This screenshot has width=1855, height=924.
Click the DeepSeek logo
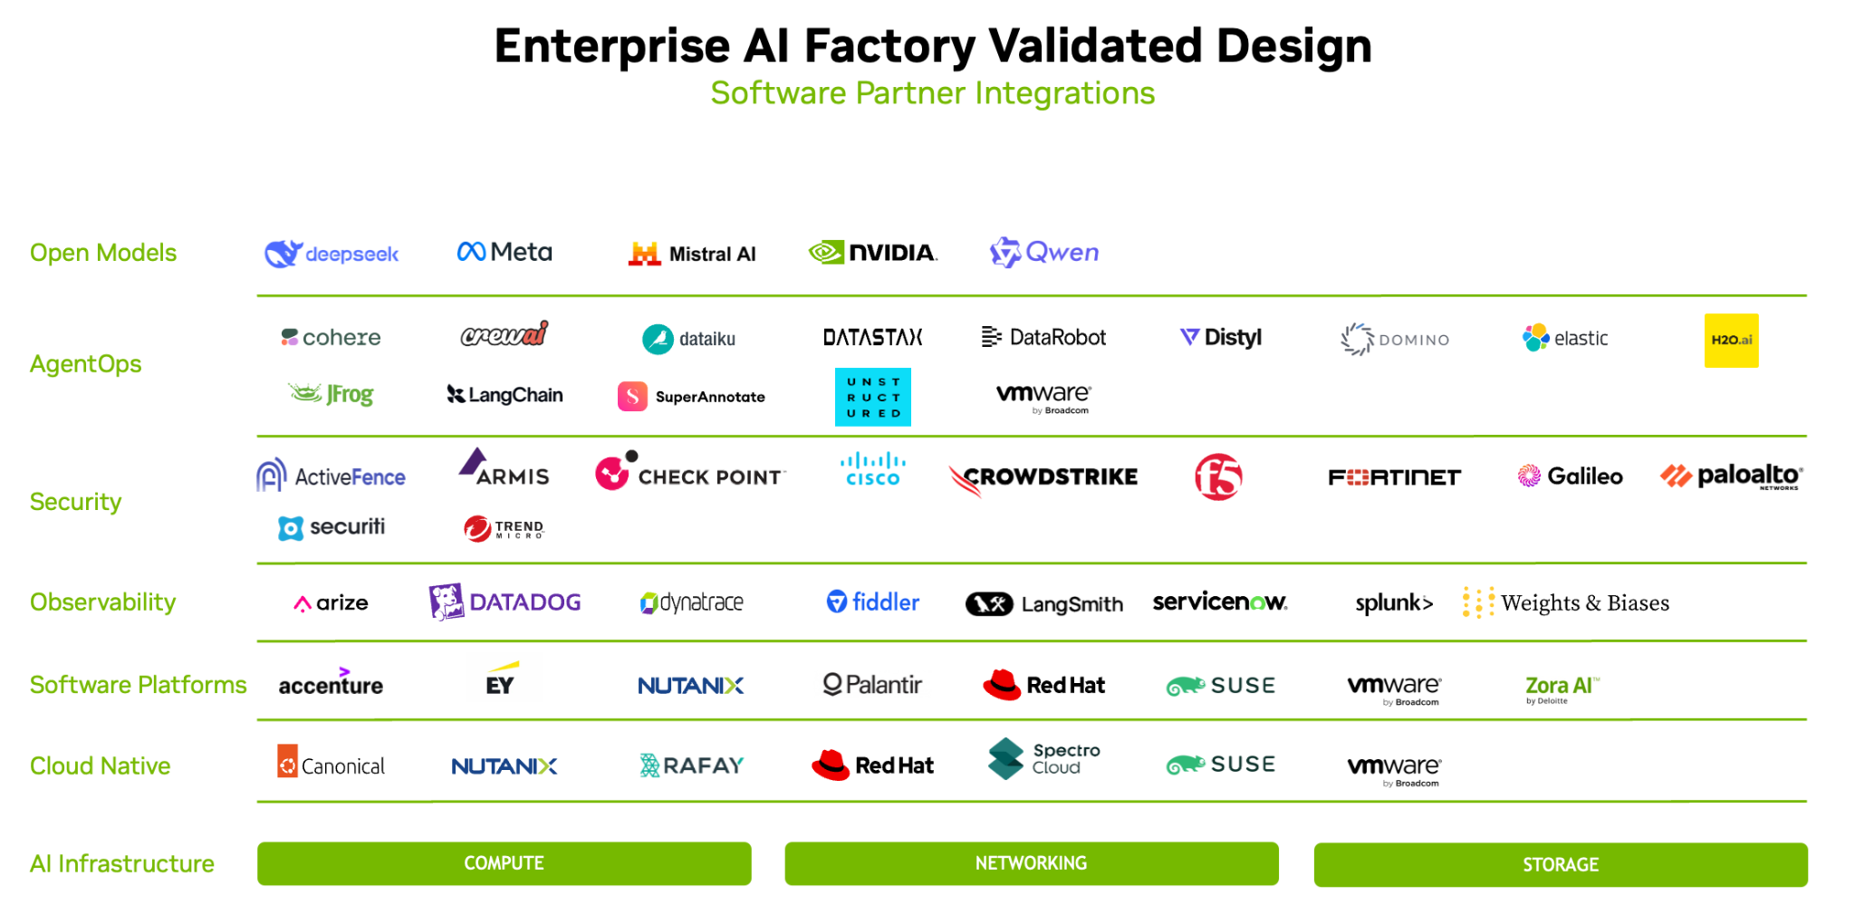[x=332, y=254]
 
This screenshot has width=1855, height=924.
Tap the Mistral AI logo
[x=692, y=254]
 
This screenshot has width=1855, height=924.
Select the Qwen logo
[x=1044, y=253]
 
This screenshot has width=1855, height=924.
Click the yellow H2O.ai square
[x=1731, y=340]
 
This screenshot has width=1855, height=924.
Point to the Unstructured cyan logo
[x=872, y=397]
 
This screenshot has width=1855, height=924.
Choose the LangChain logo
[x=505, y=395]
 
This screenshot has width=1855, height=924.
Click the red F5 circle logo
[x=1218, y=476]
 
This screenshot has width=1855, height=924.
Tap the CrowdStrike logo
[x=1043, y=478]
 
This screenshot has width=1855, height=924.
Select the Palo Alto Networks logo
[x=1732, y=476]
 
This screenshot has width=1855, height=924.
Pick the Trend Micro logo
[x=504, y=528]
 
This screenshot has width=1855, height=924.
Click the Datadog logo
[x=505, y=602]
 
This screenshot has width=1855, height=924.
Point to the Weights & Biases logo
[x=1566, y=603]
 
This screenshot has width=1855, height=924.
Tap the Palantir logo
[x=872, y=685]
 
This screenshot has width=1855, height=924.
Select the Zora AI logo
[x=1562, y=688]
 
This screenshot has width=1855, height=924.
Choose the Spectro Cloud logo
[x=1044, y=759]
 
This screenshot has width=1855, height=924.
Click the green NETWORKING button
[x=1032, y=863]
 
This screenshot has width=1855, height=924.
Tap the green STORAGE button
[x=1561, y=865]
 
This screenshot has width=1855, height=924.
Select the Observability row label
[x=103, y=602]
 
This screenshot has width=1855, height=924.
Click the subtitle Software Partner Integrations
[x=933, y=93]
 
